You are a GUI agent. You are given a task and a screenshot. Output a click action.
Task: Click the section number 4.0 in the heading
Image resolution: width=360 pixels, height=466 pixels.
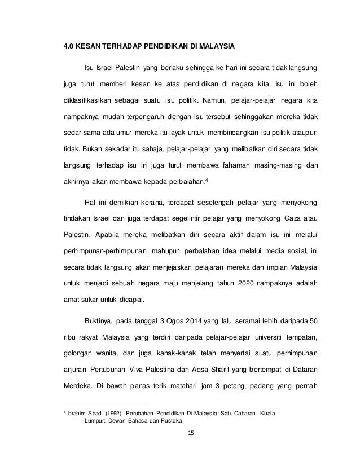click(x=68, y=45)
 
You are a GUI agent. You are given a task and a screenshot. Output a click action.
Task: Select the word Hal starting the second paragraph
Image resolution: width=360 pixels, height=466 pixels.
click(x=90, y=202)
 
